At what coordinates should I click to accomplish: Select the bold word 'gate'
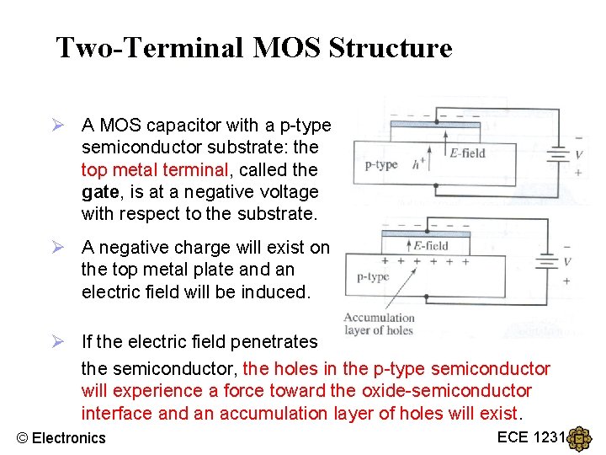101,192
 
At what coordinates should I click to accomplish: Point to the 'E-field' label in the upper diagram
467,153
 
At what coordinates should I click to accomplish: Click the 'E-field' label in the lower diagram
431,246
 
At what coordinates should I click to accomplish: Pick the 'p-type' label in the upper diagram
380,165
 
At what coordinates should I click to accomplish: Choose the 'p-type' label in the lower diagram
373,276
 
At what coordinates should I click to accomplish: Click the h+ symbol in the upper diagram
417,164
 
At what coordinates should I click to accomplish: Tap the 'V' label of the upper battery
577,155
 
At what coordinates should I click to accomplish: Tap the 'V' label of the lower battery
566,262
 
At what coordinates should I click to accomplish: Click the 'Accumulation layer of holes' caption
379,324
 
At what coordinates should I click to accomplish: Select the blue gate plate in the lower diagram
426,233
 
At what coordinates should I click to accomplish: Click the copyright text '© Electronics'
61,437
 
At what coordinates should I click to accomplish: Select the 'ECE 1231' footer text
531,436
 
